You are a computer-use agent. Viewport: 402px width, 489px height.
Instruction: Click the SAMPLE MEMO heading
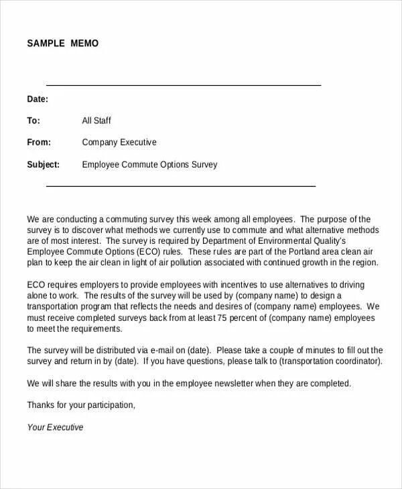click(62, 44)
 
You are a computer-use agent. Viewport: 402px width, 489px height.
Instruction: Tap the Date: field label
click(38, 99)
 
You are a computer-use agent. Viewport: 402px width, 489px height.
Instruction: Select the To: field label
click(33, 121)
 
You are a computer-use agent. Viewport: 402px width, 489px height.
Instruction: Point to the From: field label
click(39, 142)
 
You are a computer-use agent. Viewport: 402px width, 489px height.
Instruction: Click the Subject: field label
click(44, 164)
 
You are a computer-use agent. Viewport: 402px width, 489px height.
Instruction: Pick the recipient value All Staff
click(96, 121)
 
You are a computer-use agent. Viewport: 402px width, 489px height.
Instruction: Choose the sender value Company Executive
click(119, 142)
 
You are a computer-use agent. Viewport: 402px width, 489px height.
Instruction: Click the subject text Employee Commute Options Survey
click(149, 164)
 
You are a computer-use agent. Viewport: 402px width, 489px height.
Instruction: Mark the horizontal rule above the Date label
click(183, 85)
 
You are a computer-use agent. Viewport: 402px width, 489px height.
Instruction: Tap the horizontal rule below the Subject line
click(180, 186)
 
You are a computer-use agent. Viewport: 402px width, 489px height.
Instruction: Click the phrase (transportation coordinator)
click(330, 361)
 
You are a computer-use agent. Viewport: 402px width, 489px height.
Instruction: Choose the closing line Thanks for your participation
click(81, 405)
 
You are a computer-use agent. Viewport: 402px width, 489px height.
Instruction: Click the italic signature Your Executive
click(55, 427)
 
